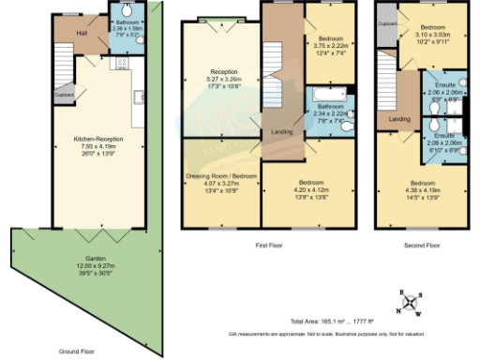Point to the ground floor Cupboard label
64,94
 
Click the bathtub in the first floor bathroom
323,94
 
